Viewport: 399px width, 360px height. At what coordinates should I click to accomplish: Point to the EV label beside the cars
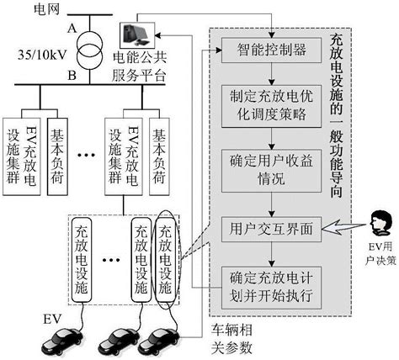(51, 320)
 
